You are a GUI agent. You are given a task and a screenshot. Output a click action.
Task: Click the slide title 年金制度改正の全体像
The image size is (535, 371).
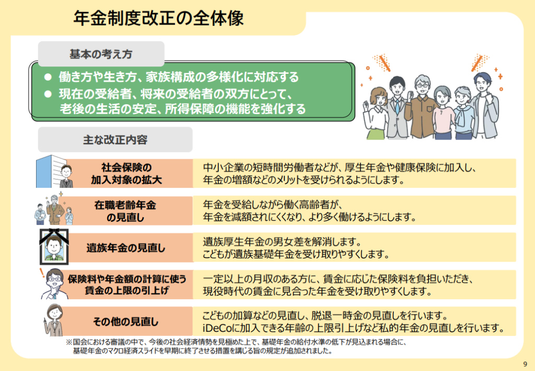[x=158, y=18]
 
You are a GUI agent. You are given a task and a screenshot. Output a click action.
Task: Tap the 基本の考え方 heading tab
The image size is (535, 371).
[x=101, y=54]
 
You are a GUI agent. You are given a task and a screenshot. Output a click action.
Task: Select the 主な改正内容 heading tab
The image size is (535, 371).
[x=115, y=139]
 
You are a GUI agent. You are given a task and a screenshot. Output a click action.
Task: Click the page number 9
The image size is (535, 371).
[x=525, y=364]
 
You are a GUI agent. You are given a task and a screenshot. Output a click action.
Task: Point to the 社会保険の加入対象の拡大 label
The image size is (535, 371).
[x=126, y=174]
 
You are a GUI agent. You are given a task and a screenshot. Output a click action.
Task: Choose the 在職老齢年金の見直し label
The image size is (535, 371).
[x=125, y=211]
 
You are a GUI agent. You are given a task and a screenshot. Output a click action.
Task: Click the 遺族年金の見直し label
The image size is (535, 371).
[x=125, y=248]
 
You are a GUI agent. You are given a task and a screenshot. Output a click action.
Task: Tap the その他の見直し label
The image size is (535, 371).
[x=125, y=321]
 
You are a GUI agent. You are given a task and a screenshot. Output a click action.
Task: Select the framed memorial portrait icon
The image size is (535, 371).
[x=54, y=246]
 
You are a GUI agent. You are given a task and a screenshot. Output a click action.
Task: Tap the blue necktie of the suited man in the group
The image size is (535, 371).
[x=397, y=106]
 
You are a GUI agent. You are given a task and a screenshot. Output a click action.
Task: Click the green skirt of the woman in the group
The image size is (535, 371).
[x=376, y=133]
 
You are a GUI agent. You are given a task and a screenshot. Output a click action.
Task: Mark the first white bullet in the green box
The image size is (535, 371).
[x=48, y=77]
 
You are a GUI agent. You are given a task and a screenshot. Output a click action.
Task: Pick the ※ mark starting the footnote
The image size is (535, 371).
[x=69, y=342]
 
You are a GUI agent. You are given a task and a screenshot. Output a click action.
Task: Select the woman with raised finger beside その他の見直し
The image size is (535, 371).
[x=54, y=320]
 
